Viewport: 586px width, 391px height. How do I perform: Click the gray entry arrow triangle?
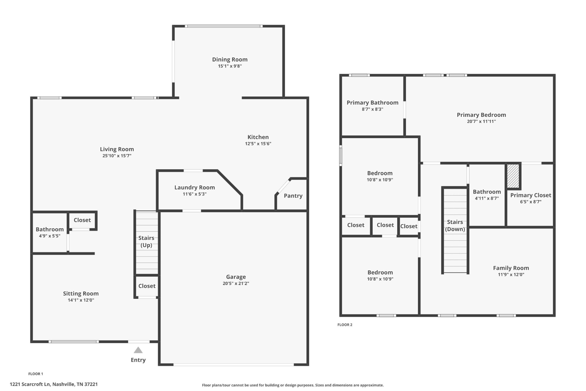138,350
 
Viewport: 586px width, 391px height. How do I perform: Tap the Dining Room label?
230,59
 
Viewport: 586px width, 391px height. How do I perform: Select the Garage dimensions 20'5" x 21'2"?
236,283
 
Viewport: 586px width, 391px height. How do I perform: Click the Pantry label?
293,196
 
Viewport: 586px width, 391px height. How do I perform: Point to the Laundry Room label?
195,187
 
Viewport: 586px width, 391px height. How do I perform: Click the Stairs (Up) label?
146,241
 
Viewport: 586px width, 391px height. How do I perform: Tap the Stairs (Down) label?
455,225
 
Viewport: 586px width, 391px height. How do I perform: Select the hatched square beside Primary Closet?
513,176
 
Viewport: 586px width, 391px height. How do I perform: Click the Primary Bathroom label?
373,103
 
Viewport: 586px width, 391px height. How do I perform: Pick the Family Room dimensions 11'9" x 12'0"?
511,274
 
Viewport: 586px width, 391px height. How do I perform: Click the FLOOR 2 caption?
345,325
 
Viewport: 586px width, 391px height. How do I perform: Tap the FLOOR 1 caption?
36,374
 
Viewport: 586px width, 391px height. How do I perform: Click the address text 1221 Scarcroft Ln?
30,384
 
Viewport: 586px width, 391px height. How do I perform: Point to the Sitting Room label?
81,293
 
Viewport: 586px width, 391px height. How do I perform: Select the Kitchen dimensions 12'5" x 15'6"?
258,144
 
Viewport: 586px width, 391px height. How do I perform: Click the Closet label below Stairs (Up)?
147,286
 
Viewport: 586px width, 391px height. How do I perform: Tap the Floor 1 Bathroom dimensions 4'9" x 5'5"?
50,236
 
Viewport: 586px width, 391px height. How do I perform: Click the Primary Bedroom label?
481,115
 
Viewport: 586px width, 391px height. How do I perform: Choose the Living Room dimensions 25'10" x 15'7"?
117,156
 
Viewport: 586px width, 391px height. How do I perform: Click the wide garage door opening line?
233,365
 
